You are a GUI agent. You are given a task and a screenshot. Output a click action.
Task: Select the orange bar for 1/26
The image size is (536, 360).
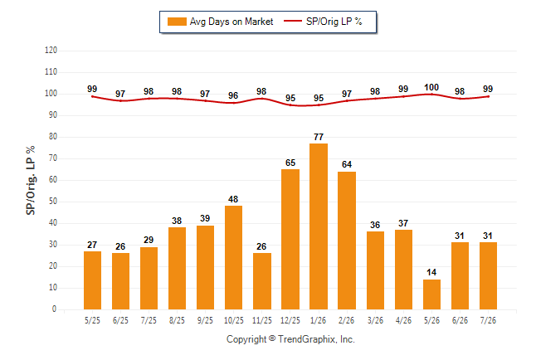pos(319,226)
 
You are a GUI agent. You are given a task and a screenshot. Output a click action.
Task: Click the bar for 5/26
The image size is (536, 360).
pos(431,294)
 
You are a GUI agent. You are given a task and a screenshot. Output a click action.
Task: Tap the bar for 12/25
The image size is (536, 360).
pos(290,240)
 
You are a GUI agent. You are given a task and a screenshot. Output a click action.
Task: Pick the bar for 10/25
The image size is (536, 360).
pos(233,257)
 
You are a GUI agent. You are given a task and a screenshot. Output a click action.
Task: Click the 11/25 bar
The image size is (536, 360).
pos(262,281)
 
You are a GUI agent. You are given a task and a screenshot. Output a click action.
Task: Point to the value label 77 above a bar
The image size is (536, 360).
pos(319,137)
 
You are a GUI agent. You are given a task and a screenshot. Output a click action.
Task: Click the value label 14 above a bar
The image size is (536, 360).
pos(431,272)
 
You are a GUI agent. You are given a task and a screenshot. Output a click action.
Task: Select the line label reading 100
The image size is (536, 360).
pos(431,88)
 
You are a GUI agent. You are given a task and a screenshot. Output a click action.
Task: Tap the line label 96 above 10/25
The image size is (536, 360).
pos(233,95)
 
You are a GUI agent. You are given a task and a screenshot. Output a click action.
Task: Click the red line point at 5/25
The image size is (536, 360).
pos(92,97)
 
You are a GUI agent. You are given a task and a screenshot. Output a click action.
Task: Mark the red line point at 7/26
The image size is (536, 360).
pos(488,97)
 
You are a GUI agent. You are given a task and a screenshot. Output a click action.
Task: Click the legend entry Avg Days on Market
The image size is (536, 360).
pos(221,22)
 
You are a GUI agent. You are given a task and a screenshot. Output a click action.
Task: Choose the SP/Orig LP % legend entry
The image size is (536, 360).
pos(323,22)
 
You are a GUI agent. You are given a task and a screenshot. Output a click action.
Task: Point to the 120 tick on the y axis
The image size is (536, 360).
pos(51,51)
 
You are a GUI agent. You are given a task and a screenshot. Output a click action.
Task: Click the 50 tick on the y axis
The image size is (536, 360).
pos(53,202)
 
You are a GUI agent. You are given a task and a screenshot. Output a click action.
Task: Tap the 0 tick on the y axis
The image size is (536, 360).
pos(55,309)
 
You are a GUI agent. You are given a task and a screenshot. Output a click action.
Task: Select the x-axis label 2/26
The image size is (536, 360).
pos(346,321)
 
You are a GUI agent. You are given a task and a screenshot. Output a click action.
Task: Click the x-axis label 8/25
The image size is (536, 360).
pos(177,321)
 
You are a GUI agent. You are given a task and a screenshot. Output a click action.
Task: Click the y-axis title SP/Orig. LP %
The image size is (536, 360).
pos(31,181)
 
